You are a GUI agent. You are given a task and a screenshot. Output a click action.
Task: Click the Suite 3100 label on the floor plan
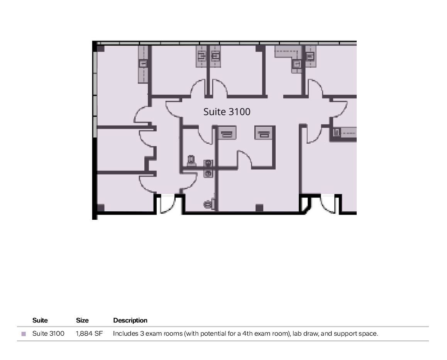227,112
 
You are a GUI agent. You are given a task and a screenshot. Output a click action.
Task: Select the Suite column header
40,320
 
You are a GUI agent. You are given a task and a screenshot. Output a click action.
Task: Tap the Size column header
82,320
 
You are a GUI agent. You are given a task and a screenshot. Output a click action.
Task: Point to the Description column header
130,320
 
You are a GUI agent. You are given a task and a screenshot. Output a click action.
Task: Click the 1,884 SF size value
89,333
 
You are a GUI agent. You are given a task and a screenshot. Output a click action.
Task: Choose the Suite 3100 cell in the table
48,333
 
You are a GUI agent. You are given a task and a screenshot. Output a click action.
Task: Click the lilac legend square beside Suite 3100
24,334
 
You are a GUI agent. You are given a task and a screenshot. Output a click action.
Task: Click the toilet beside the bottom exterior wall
209,204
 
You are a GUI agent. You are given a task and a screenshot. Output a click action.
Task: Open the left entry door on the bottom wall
168,204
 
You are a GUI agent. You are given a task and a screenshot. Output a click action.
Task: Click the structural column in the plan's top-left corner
101,49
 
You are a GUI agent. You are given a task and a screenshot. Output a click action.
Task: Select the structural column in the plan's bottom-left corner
101,208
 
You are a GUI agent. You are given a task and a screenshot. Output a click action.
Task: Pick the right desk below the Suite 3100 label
264,133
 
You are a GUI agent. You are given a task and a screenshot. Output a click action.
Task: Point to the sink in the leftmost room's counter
143,64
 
